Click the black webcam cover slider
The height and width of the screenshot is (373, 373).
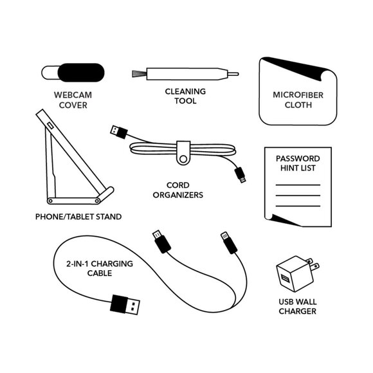(x=81, y=73)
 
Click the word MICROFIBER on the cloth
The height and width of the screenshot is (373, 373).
(x=298, y=95)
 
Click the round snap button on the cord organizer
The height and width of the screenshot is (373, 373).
(x=183, y=159)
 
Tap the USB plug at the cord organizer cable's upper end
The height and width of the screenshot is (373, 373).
(x=119, y=132)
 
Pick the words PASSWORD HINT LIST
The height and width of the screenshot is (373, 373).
(x=298, y=163)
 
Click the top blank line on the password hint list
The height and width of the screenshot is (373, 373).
(x=298, y=185)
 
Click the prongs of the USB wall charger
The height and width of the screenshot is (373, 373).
(x=313, y=263)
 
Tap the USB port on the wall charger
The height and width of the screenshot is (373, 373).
(x=285, y=278)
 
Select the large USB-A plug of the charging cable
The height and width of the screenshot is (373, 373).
(x=125, y=304)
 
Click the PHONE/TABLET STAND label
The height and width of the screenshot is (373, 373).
(x=78, y=217)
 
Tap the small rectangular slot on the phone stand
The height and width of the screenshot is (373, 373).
(x=50, y=125)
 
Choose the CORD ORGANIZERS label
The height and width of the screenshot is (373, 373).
(x=178, y=190)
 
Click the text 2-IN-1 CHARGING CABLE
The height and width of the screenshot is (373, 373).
(x=100, y=268)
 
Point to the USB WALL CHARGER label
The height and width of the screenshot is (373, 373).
(x=298, y=306)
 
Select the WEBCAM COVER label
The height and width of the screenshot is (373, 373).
(x=73, y=100)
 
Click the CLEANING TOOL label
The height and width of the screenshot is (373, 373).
(x=186, y=96)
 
